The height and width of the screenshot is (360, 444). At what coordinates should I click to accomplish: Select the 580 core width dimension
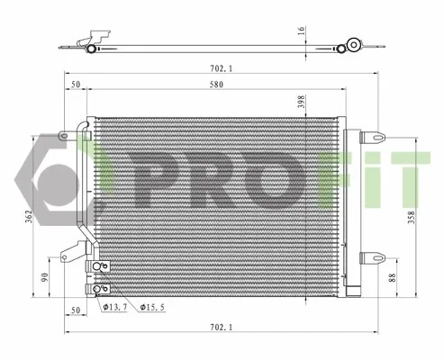216,85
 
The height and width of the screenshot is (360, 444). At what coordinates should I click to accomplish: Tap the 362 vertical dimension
29,216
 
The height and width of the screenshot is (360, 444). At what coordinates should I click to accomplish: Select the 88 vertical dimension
392,279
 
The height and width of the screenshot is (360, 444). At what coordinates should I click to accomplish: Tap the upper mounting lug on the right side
372,139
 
